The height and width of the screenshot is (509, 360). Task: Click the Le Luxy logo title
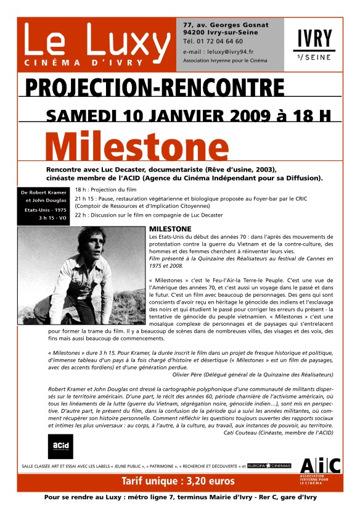point(97,42)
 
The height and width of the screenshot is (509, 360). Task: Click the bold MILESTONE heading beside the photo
point(170,229)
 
